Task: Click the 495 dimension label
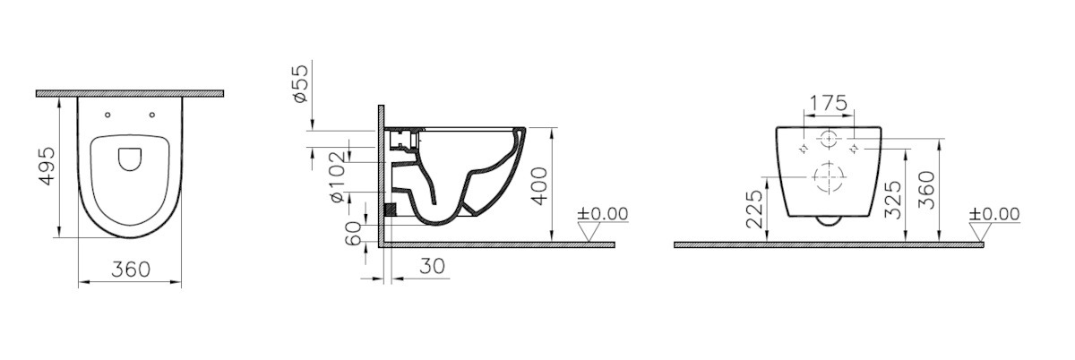47,166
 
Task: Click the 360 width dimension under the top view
131,270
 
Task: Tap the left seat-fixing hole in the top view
107,115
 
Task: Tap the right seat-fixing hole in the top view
152,115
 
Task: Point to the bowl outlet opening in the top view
130,159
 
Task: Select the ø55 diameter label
302,83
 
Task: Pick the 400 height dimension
540,185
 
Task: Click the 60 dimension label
354,233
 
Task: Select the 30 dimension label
432,266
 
